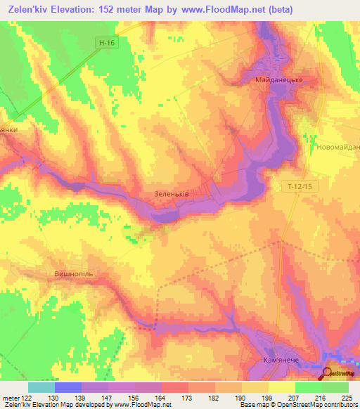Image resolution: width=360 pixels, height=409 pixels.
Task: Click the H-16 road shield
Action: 106,43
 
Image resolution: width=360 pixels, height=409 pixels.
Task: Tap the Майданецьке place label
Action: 279,81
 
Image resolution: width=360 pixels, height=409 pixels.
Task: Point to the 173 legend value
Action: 188,397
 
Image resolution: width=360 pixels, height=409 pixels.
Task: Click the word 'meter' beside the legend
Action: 10,397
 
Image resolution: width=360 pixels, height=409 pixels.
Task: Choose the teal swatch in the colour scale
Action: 41,387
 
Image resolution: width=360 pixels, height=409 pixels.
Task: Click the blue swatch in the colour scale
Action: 67,387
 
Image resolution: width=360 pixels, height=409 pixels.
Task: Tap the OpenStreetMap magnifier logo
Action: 328,373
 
